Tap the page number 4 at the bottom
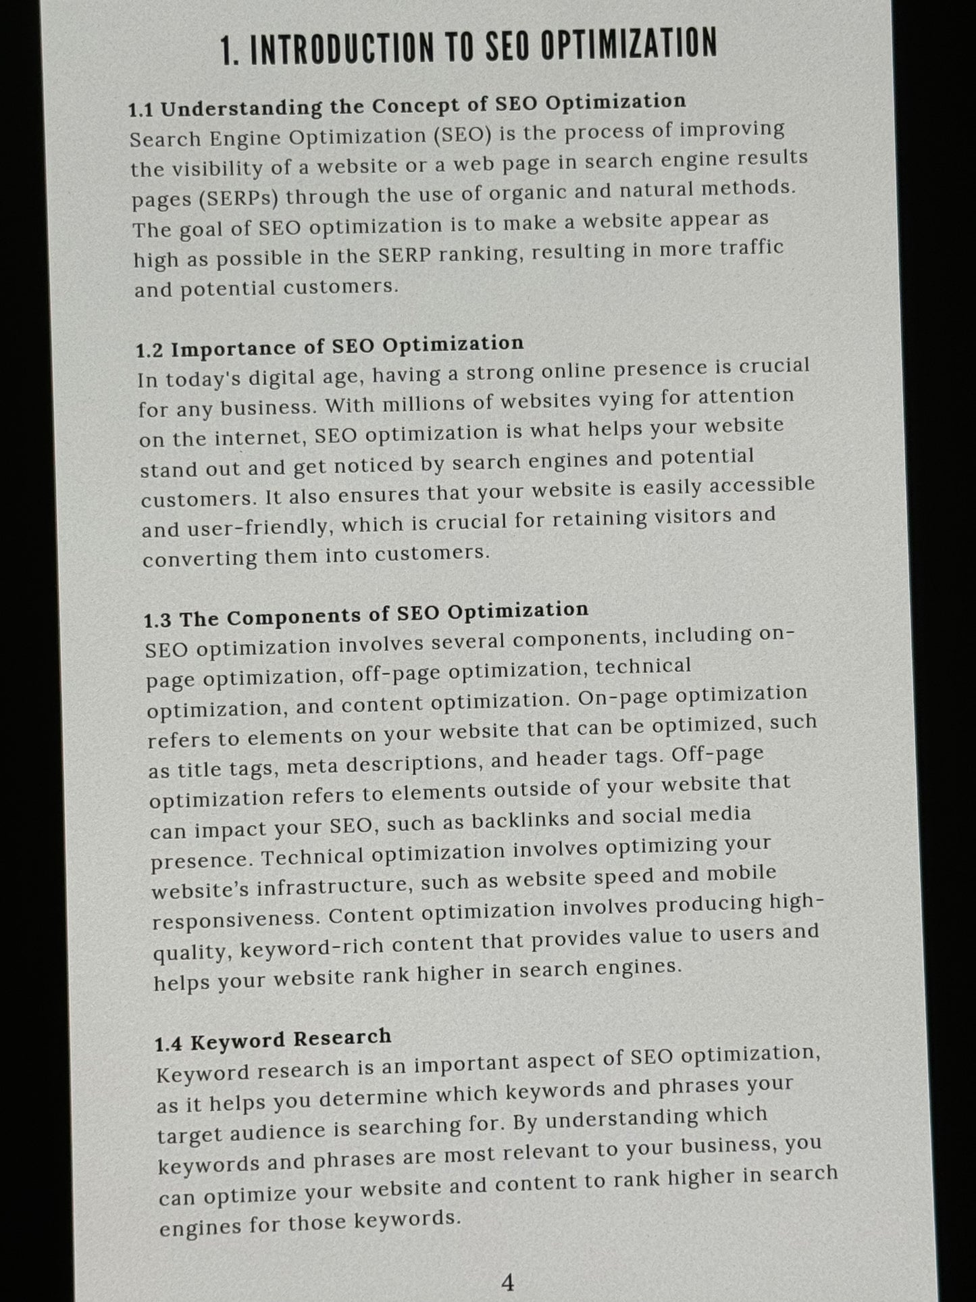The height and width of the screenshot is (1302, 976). (508, 1281)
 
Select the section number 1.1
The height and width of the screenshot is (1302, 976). (141, 109)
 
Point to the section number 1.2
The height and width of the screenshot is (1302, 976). (149, 351)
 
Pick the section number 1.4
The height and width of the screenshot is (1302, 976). (168, 1044)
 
